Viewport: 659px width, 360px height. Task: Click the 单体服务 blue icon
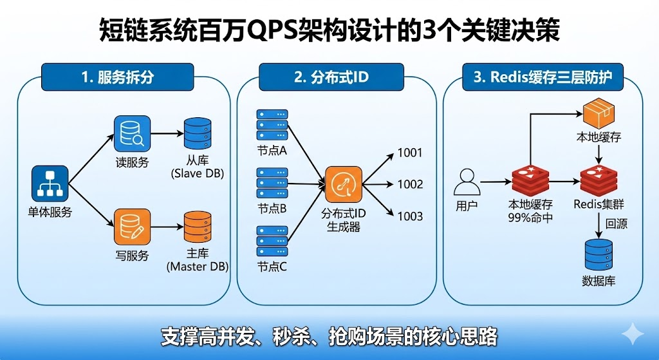pos(50,184)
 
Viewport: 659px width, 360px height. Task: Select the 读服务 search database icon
pos(132,134)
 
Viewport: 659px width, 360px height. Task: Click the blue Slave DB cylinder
pos(197,135)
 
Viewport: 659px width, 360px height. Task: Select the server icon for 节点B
pos(272,183)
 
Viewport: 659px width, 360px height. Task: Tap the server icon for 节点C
pos(272,240)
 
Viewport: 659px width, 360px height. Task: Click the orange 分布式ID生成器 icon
pos(344,184)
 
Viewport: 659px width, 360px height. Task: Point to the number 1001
pos(410,153)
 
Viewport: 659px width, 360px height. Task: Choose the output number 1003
pos(410,216)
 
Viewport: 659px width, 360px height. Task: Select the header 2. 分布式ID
pos(331,78)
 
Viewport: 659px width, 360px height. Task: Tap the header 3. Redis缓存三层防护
pos(542,78)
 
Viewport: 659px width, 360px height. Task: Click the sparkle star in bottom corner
pos(633,335)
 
